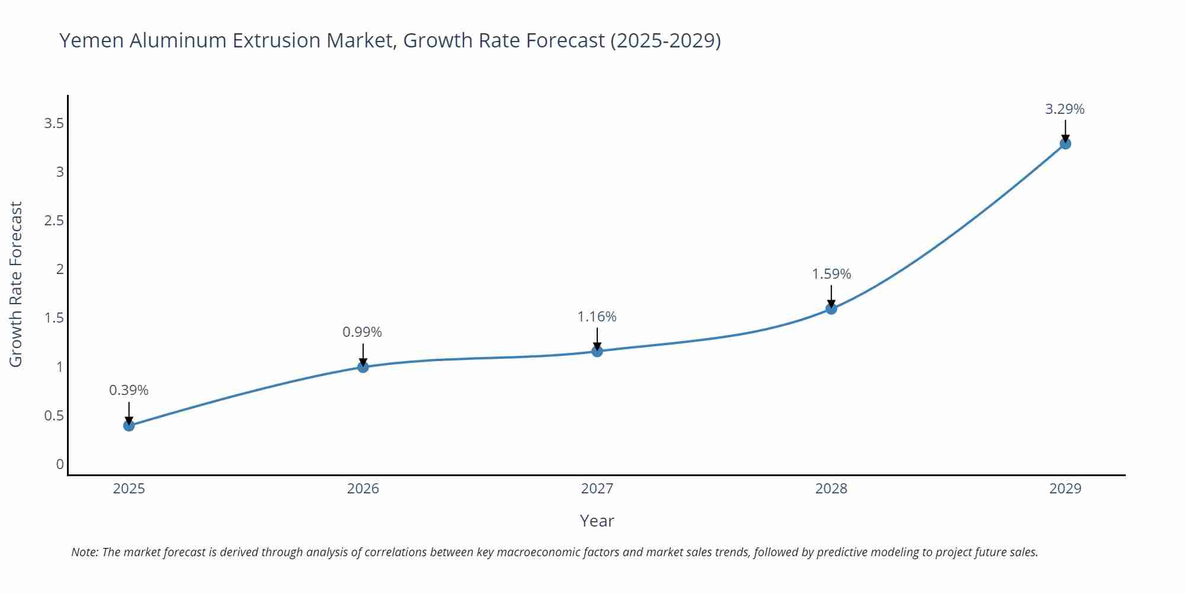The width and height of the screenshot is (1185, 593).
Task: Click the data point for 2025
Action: [129, 425]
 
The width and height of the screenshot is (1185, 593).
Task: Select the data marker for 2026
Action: [363, 367]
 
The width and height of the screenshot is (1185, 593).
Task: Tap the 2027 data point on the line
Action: [597, 351]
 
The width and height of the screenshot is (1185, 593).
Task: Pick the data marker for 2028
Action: [831, 308]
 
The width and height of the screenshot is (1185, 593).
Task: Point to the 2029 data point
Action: [1065, 144]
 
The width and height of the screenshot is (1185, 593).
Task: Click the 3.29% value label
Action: [1065, 109]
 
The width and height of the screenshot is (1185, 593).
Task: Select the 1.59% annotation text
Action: [831, 274]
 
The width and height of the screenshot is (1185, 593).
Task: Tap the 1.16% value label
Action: [597, 317]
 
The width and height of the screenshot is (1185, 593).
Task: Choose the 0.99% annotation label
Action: [362, 332]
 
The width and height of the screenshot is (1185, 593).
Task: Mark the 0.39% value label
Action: [129, 390]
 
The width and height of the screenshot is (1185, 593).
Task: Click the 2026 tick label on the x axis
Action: [363, 489]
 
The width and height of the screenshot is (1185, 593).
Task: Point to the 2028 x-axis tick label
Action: [831, 489]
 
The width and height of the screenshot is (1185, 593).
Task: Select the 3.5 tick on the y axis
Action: [54, 123]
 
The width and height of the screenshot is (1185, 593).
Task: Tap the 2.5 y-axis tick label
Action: [54, 221]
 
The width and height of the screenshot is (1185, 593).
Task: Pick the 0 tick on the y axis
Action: [60, 464]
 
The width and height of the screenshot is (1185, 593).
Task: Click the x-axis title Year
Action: [597, 521]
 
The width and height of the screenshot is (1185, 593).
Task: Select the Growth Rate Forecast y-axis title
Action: [16, 284]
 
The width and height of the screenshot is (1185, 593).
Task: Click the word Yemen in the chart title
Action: [92, 40]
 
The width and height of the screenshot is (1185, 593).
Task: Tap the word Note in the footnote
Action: [84, 552]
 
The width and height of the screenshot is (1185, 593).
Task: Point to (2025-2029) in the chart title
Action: [665, 40]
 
